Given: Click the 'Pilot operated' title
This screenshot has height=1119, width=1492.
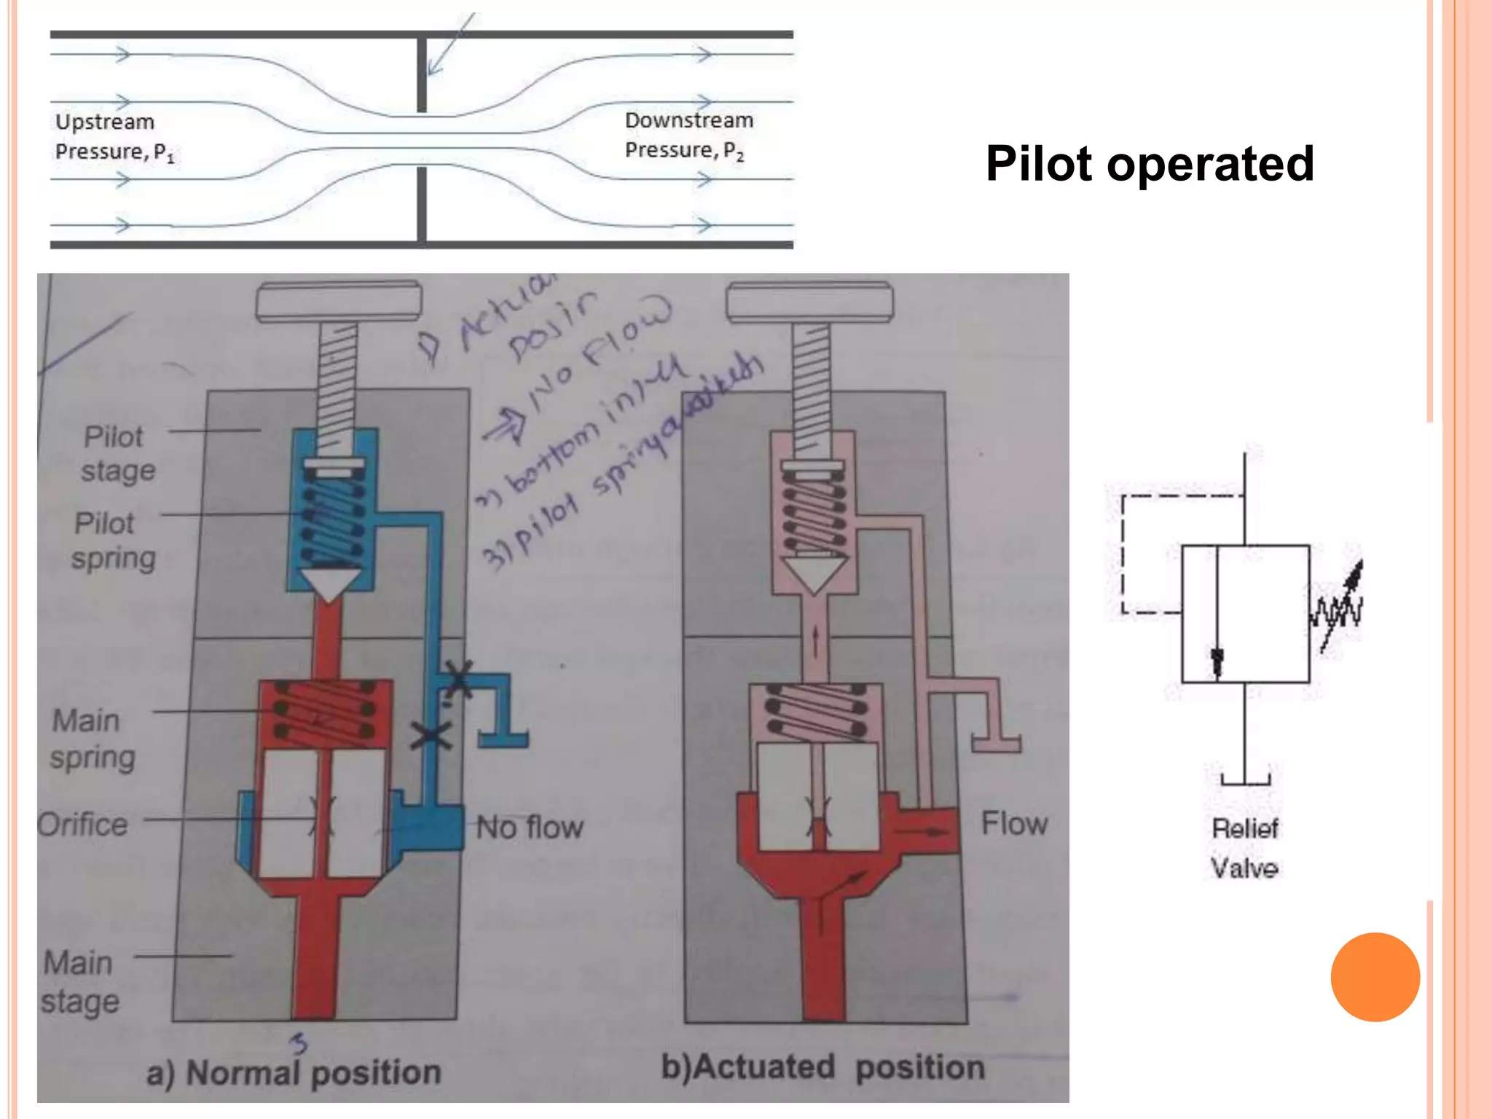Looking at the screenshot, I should pyautogui.click(x=1150, y=163).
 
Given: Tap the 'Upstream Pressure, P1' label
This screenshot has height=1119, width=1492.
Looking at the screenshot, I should pyautogui.click(x=114, y=136).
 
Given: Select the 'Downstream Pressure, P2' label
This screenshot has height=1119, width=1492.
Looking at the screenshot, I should pyautogui.click(x=688, y=135).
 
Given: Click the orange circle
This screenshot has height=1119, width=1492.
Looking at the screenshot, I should pyautogui.click(x=1375, y=977).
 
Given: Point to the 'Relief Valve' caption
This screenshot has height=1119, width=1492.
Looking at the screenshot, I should pyautogui.click(x=1244, y=848).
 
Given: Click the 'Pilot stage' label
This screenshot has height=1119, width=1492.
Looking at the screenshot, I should pyautogui.click(x=117, y=453).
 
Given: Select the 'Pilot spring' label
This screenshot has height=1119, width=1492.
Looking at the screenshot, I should pyautogui.click(x=113, y=540).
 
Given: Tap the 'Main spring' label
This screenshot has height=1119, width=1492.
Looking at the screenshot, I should pyautogui.click(x=92, y=738).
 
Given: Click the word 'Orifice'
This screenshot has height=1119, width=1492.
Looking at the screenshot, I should pyautogui.click(x=82, y=825).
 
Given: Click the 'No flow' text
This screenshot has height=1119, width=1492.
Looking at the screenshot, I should pyautogui.click(x=530, y=828).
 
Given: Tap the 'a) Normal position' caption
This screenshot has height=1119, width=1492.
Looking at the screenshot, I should pyautogui.click(x=294, y=1072).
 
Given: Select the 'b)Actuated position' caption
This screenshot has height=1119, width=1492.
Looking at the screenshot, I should pyautogui.click(x=822, y=1067).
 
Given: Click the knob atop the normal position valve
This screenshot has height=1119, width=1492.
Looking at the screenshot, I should pyautogui.click(x=339, y=302).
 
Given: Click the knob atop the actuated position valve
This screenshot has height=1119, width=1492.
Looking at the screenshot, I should pyautogui.click(x=809, y=302).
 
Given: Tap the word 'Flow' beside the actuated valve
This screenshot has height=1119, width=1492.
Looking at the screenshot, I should pyautogui.click(x=1014, y=823).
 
